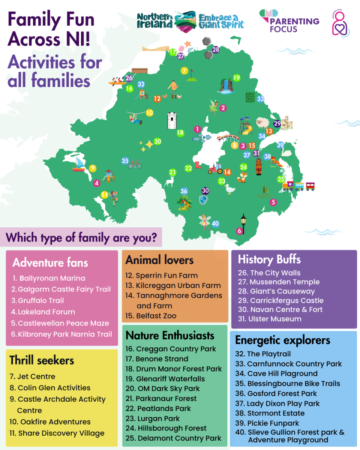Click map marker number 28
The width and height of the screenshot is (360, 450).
pyautogui.click(x=216, y=49)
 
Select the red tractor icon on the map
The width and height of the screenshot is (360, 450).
pyautogui.click(x=215, y=168)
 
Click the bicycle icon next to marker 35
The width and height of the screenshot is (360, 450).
pyautogui.click(x=135, y=164)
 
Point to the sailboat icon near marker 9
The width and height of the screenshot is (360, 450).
pyautogui.click(x=79, y=165)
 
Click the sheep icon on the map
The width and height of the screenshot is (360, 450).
pyautogui.click(x=262, y=123)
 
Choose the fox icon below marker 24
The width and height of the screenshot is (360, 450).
pyautogui.click(x=242, y=177)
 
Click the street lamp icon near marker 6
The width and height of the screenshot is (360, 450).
pyautogui.click(x=243, y=223)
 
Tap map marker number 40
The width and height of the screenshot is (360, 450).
pyautogui.click(x=215, y=223)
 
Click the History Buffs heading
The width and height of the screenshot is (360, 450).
pyautogui.click(x=269, y=259)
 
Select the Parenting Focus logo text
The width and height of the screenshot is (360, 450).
pyautogui.click(x=294, y=25)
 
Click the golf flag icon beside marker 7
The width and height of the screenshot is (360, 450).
pyautogui.click(x=192, y=75)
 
